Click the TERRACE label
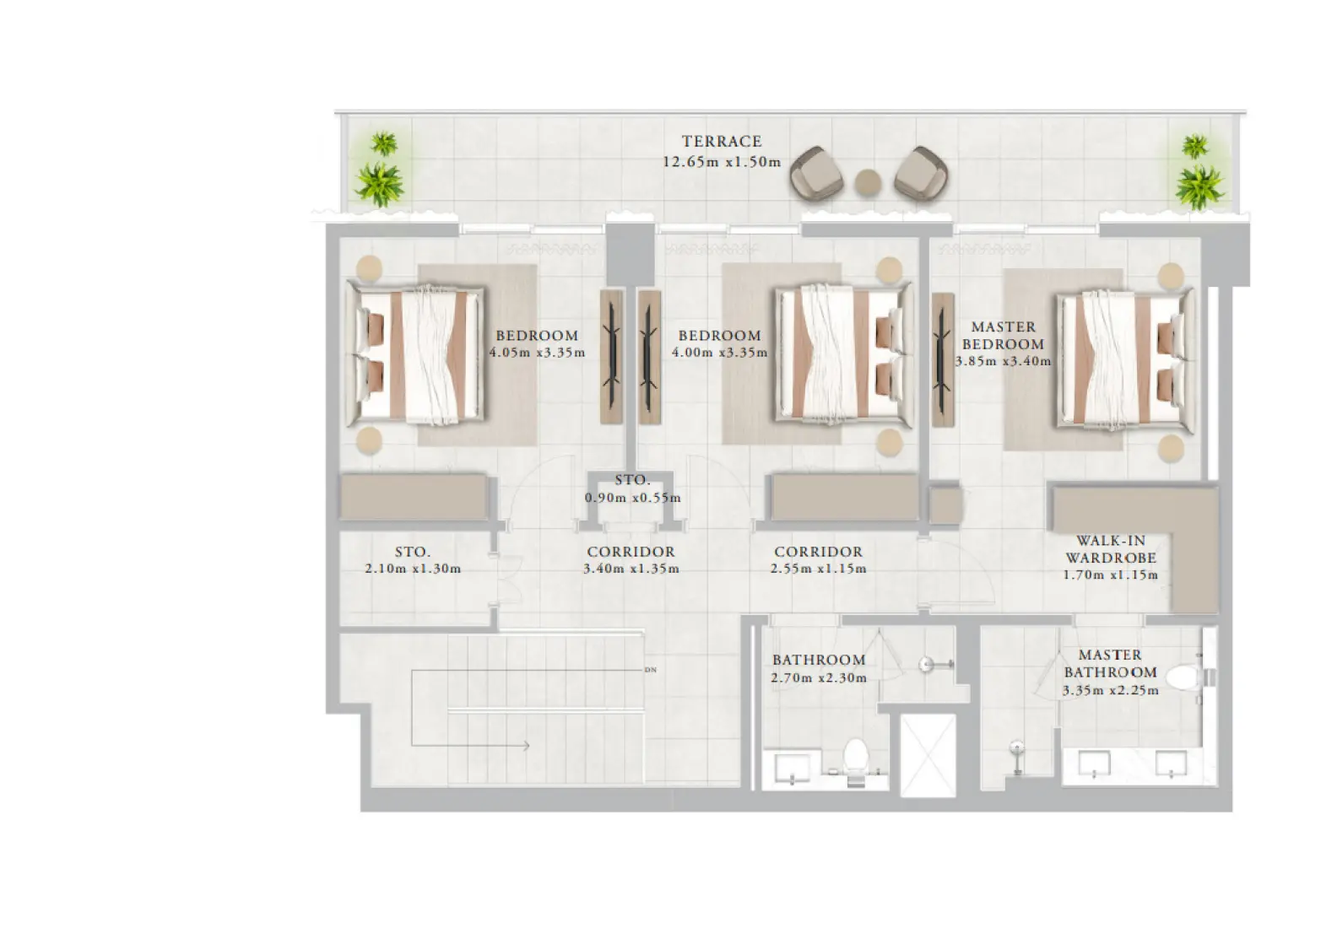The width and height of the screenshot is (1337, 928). coord(722,142)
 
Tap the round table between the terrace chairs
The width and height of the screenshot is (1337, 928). coord(867,182)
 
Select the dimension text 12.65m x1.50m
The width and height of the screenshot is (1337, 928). coord(722,162)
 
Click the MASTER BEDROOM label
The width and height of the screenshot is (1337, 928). coord(1003,335)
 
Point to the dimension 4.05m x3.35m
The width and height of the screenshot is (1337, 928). coord(537,353)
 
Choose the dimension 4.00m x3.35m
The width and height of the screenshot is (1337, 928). coord(719,353)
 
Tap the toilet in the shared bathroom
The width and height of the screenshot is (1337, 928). coord(856,758)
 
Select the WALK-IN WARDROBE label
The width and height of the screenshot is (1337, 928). coord(1110,549)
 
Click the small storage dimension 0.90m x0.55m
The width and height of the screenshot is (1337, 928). coord(632,498)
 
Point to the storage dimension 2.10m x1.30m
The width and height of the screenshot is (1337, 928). coord(413,569)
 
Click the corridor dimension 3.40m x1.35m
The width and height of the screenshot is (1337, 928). coord(631,569)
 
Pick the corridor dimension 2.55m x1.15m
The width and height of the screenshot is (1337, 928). coord(818,569)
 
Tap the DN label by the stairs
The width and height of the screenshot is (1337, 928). coord(650,671)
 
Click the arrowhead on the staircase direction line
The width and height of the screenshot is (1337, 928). coord(525,746)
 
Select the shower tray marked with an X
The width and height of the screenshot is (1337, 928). coord(928,755)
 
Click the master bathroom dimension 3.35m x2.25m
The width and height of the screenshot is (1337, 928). coord(1110,690)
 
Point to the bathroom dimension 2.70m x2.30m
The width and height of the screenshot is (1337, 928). coord(818,677)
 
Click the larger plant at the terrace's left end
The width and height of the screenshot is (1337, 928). coord(377,181)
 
